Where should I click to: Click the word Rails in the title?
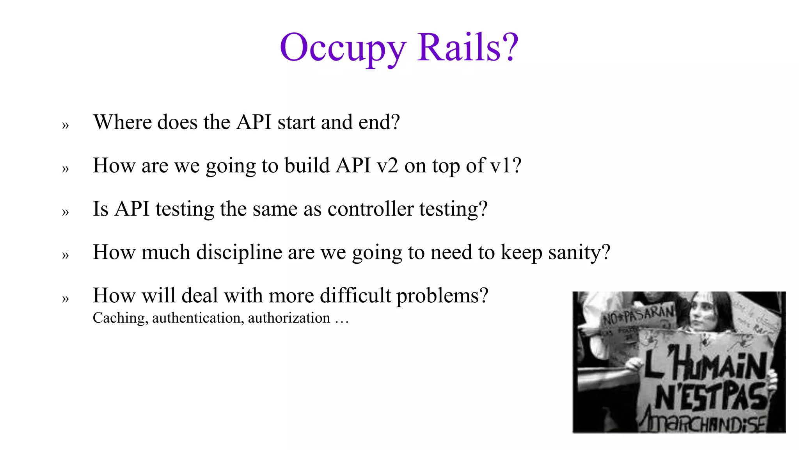point(459,47)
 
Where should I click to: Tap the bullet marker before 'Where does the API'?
point(65,125)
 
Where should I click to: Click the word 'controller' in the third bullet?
point(370,209)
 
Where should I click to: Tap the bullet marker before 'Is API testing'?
point(65,212)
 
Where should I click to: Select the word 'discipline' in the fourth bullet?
point(239,252)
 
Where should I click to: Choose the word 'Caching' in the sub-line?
point(119,318)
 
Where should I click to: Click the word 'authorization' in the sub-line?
point(289,318)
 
